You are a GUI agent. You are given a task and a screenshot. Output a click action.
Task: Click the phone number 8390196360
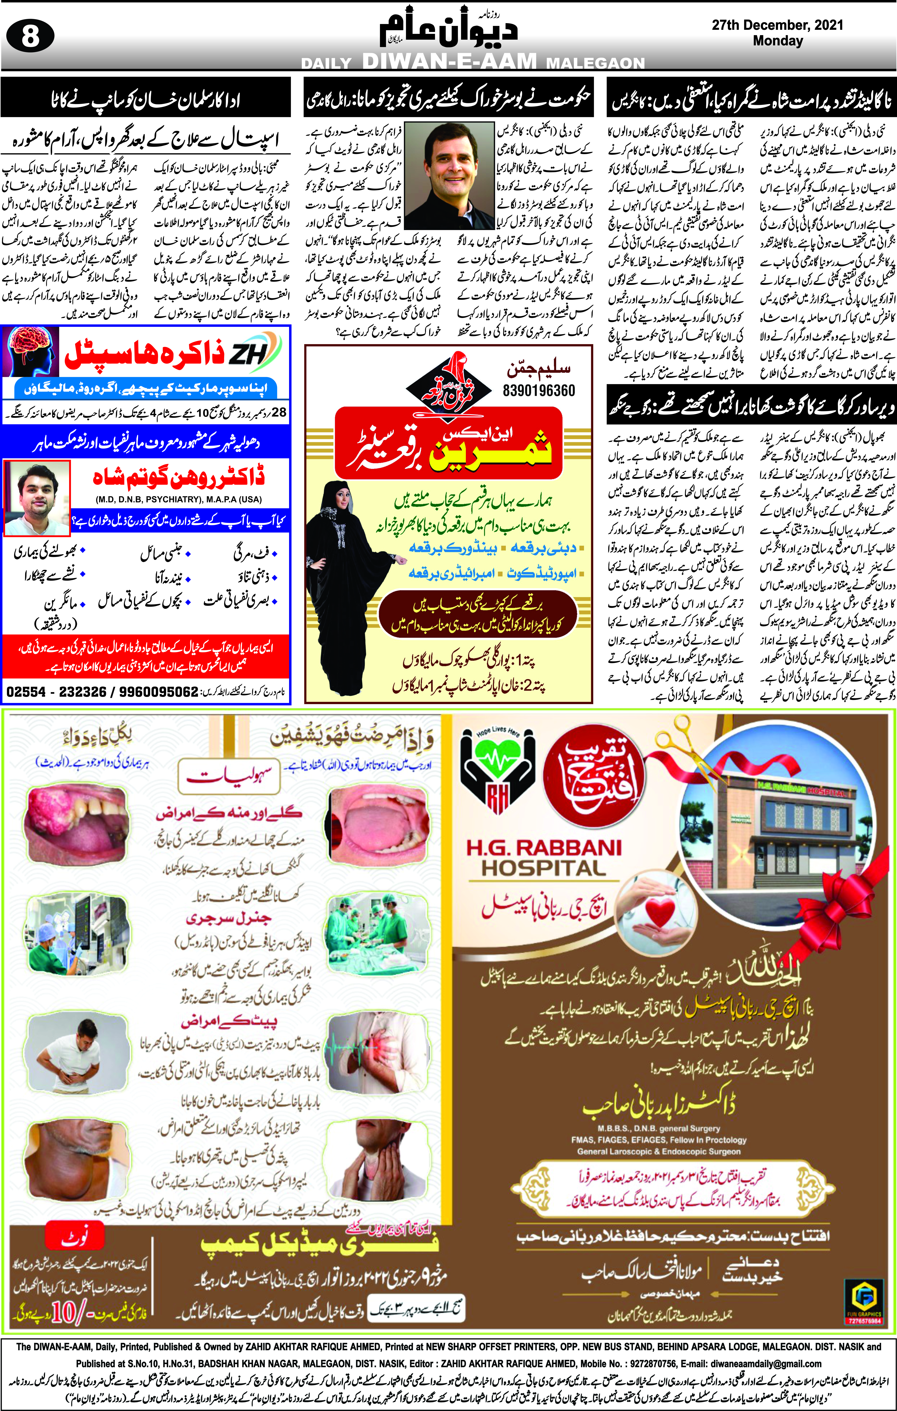tap(539, 390)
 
